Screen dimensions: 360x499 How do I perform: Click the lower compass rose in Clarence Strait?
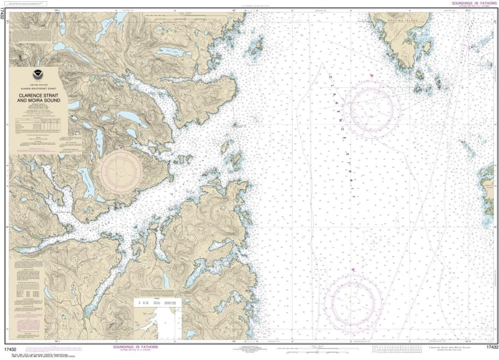pyautogui.click(x=353, y=301)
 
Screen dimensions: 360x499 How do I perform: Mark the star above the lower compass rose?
pyautogui.click(x=353, y=270)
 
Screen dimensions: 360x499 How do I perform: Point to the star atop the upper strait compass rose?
pyautogui.click(x=371, y=75)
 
